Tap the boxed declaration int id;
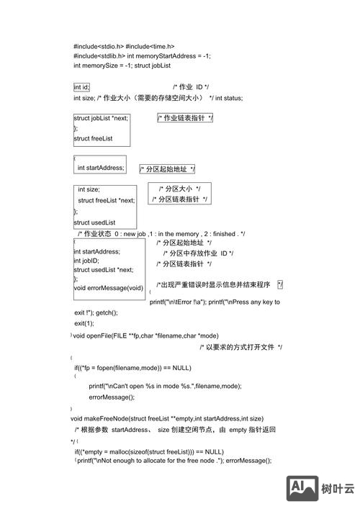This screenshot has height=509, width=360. click(x=81, y=87)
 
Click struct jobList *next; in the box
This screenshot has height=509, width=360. click(x=102, y=118)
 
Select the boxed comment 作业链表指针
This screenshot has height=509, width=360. click(x=185, y=118)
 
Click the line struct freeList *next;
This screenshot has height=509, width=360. click(x=107, y=200)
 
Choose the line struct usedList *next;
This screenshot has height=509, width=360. click(x=103, y=270)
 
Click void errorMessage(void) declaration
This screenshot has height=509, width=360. click(x=109, y=288)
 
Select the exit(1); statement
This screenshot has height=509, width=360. click(x=84, y=323)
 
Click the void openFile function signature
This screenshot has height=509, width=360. click(x=145, y=335)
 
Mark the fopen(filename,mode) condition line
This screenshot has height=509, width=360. click(x=132, y=367)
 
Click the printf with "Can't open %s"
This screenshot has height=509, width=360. click(x=166, y=386)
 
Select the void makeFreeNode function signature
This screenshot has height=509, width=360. click(x=167, y=418)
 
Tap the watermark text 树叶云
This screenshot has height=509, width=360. click(x=338, y=490)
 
